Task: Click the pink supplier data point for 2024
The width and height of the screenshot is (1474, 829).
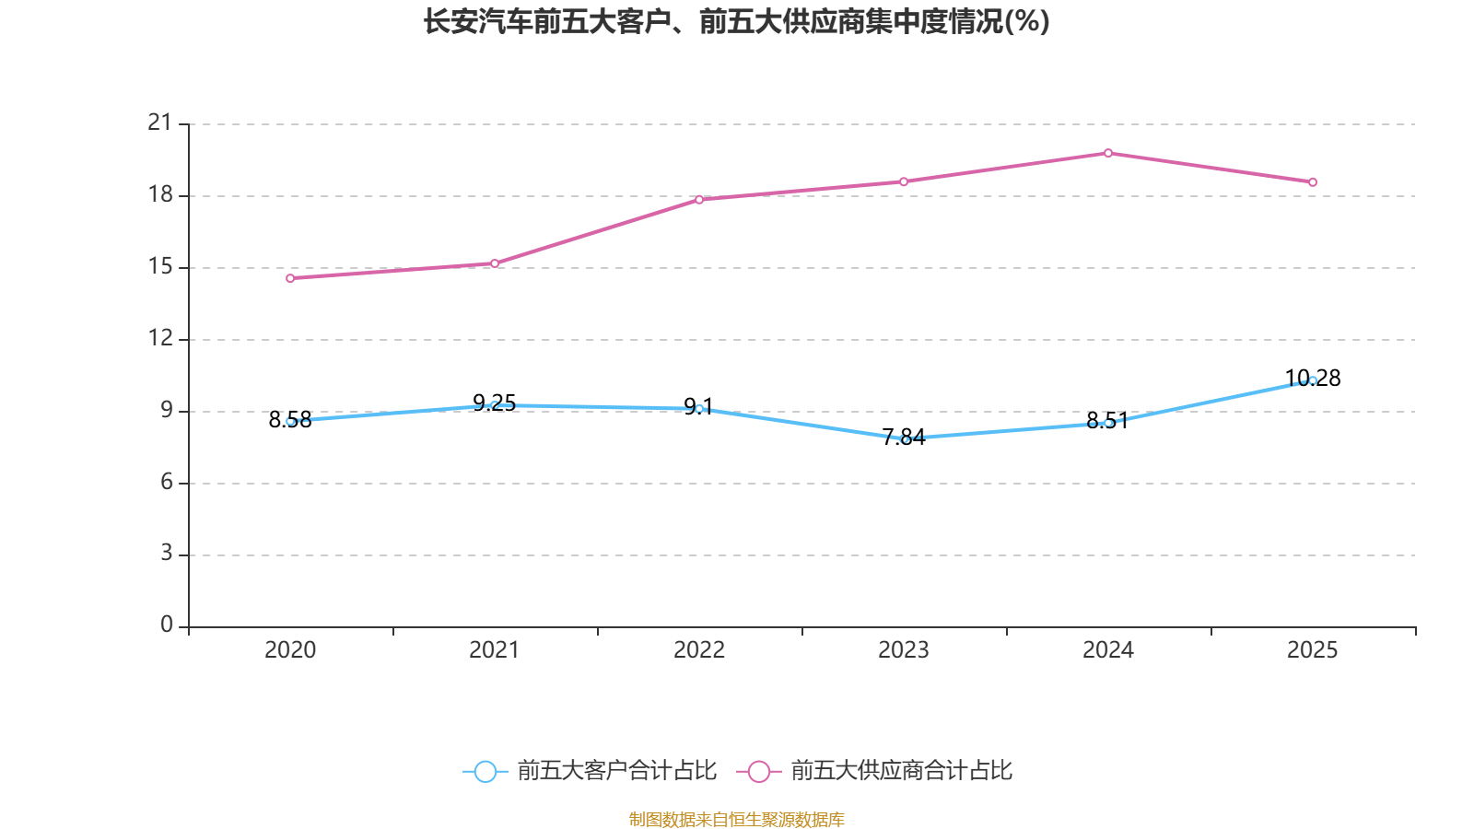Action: (x=1108, y=153)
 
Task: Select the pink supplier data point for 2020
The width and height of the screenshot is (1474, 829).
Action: (x=290, y=278)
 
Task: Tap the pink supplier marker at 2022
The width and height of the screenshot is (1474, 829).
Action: (x=699, y=199)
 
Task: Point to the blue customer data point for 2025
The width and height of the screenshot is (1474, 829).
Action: (x=1313, y=380)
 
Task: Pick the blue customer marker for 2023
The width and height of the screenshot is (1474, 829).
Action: (x=906, y=439)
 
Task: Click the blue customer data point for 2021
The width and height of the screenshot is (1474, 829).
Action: (x=495, y=405)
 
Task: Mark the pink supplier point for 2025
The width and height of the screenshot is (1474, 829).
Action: (x=1313, y=182)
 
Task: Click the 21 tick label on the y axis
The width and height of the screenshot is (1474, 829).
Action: (x=160, y=123)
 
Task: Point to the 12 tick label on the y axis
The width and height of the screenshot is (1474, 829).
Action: (x=160, y=338)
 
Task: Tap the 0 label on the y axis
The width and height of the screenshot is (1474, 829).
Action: (x=167, y=625)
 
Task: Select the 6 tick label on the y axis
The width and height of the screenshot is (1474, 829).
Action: (x=167, y=482)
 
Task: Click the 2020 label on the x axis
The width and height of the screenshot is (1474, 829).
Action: (x=290, y=650)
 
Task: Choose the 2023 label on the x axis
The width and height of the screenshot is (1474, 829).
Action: (x=904, y=650)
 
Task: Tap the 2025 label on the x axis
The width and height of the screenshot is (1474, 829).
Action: (x=1313, y=650)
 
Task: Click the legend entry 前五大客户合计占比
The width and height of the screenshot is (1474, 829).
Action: (x=615, y=771)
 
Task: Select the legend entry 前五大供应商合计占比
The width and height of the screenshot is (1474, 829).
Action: (x=901, y=771)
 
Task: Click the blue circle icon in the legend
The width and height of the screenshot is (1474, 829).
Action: (x=485, y=772)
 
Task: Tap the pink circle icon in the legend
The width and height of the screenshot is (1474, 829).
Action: (x=758, y=772)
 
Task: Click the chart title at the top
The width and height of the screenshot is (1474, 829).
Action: (x=737, y=21)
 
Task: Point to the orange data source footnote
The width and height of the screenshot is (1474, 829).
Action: (x=737, y=819)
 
